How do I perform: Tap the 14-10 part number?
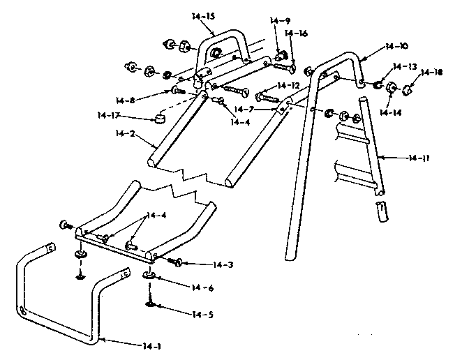[x=396, y=47]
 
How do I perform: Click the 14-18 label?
[x=432, y=72]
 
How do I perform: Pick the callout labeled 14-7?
[x=245, y=110]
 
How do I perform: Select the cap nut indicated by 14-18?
[x=408, y=89]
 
